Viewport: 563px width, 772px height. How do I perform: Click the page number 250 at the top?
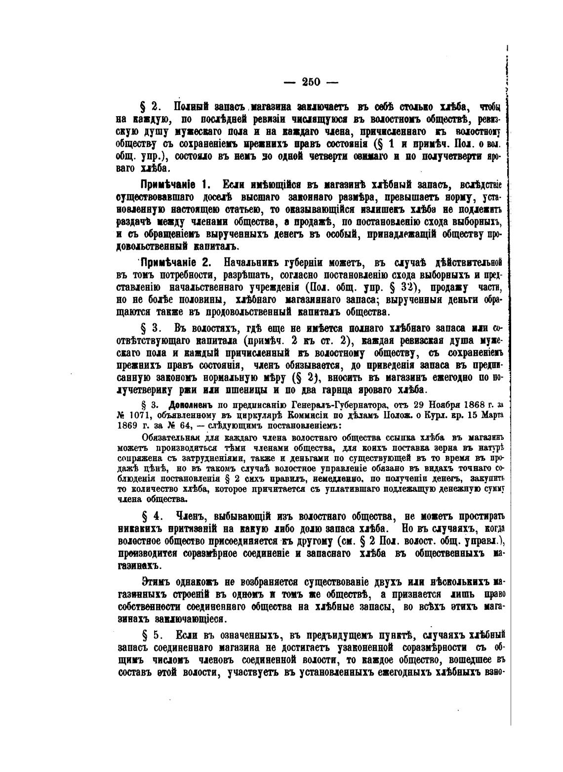coord(311,82)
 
